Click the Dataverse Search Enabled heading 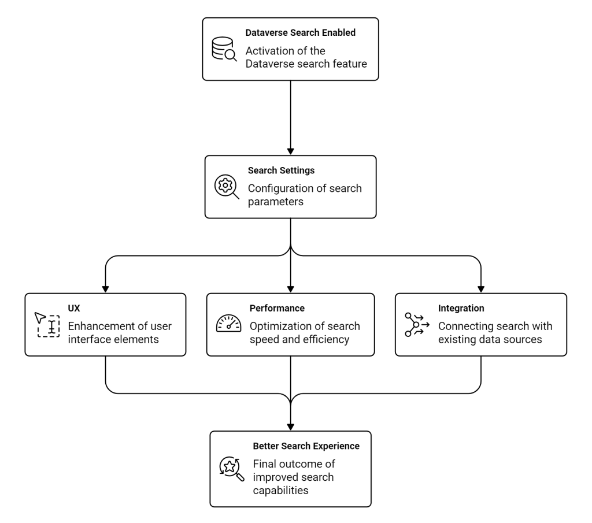pos(300,33)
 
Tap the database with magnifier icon pos(224,49)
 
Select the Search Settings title pos(281,170)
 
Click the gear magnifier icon pos(227,187)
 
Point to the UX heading pos(74,308)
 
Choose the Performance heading pos(277,308)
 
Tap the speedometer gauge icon pos(228,324)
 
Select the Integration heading pos(461,308)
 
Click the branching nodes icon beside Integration pos(417,325)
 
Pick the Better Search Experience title pos(306,446)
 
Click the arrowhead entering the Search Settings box pos(290,151)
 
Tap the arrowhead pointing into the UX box pos(105,290)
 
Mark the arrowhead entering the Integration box pos(480,290)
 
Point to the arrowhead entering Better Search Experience pos(290,427)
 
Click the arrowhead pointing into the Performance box pos(290,290)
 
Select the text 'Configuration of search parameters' pos(305,195)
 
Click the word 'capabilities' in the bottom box pos(280,491)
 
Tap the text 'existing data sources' pos(490,340)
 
